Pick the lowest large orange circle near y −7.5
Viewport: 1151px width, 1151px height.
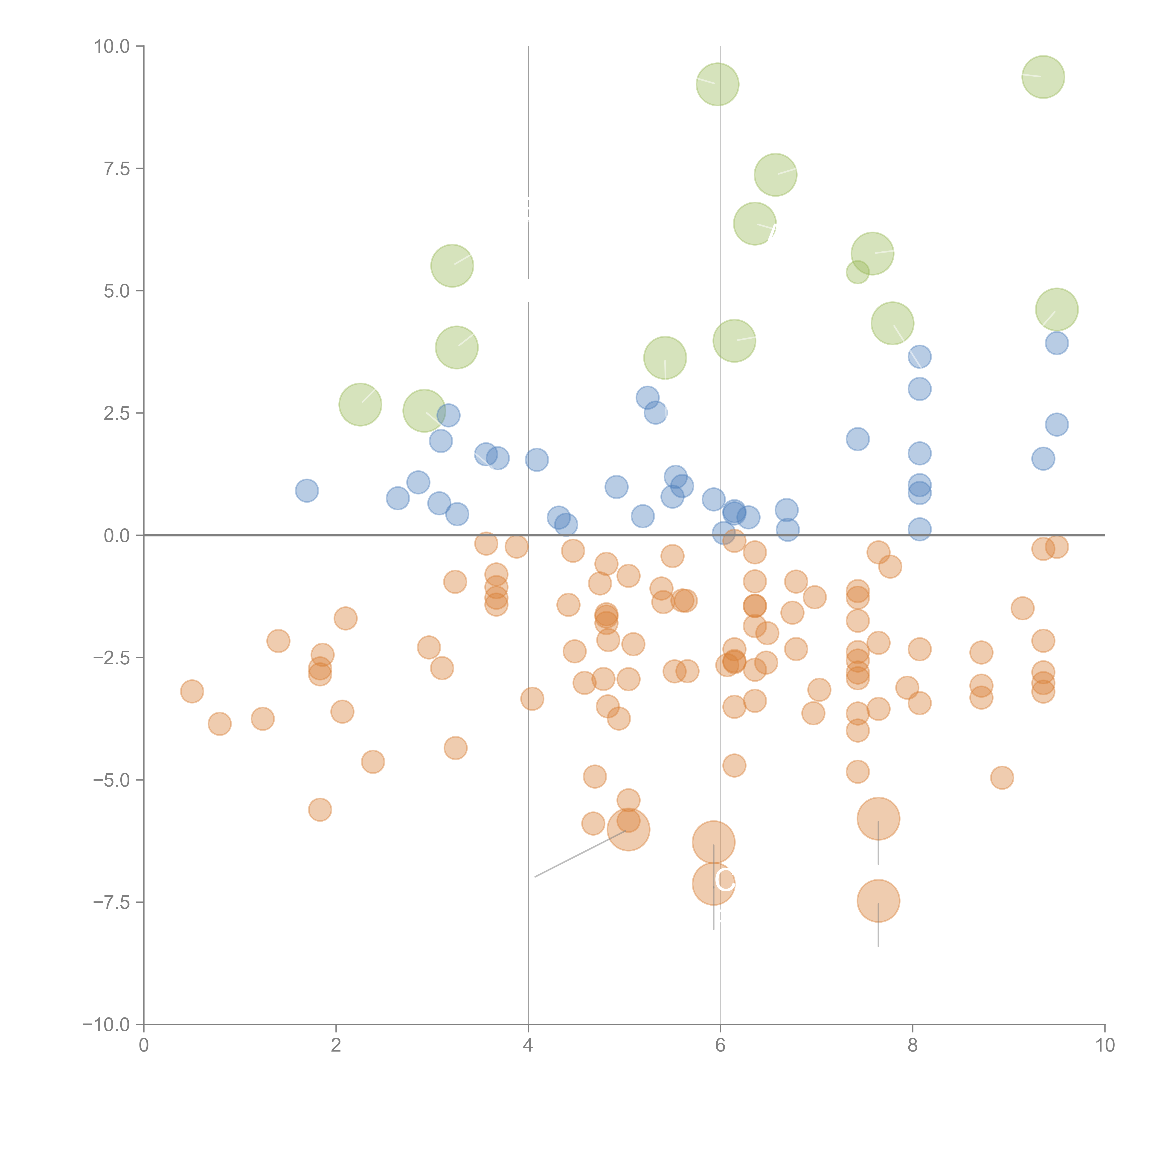[878, 901]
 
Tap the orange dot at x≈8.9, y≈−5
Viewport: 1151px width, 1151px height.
[1002, 777]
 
